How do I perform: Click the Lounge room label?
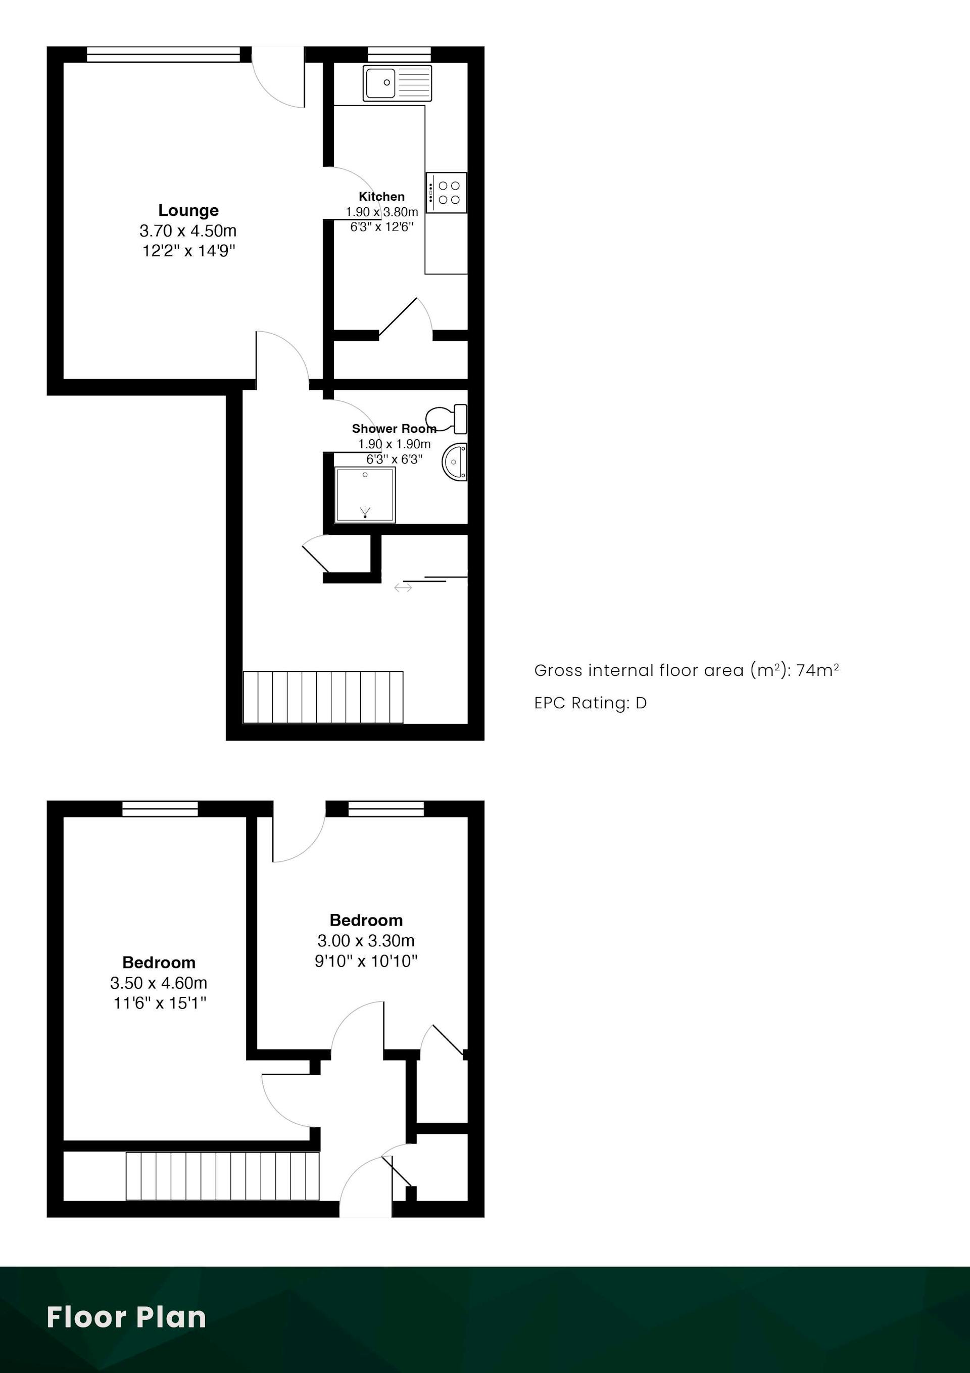[188, 210]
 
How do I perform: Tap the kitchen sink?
[397, 82]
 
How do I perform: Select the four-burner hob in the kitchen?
[446, 193]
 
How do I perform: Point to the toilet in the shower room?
[446, 419]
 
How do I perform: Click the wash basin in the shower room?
[455, 462]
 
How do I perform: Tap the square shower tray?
[365, 494]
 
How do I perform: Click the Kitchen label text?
[381, 197]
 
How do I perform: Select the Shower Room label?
[394, 429]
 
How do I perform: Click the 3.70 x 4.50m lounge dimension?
[188, 231]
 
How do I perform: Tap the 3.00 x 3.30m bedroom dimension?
[366, 941]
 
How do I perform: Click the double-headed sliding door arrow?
[403, 588]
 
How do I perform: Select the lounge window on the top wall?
[164, 54]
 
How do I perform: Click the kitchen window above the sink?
[399, 54]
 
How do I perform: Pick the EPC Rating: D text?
[591, 703]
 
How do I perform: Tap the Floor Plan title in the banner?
[127, 1317]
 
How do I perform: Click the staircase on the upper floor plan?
[323, 697]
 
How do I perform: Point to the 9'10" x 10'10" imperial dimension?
[366, 961]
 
